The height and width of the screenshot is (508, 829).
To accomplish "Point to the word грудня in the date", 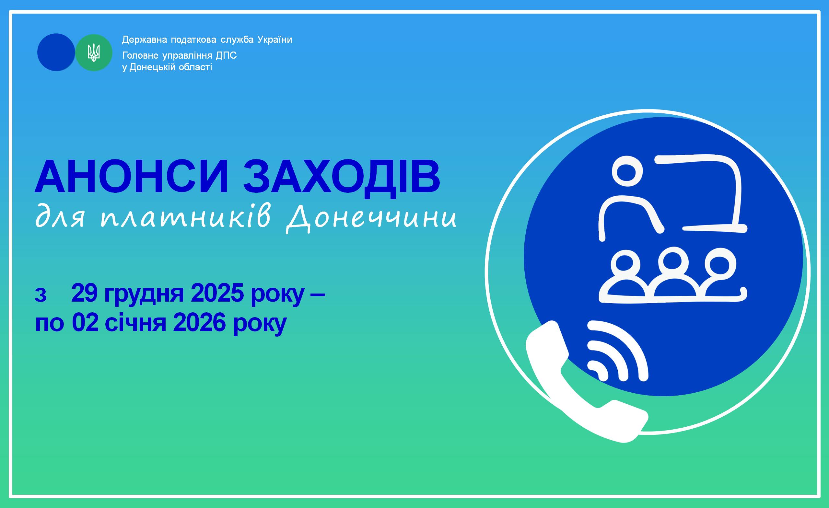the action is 144,293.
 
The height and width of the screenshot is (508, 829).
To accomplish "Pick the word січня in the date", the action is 135,323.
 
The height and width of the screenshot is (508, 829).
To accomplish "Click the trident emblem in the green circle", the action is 94,53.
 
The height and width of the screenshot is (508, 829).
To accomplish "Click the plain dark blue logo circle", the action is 56,52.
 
